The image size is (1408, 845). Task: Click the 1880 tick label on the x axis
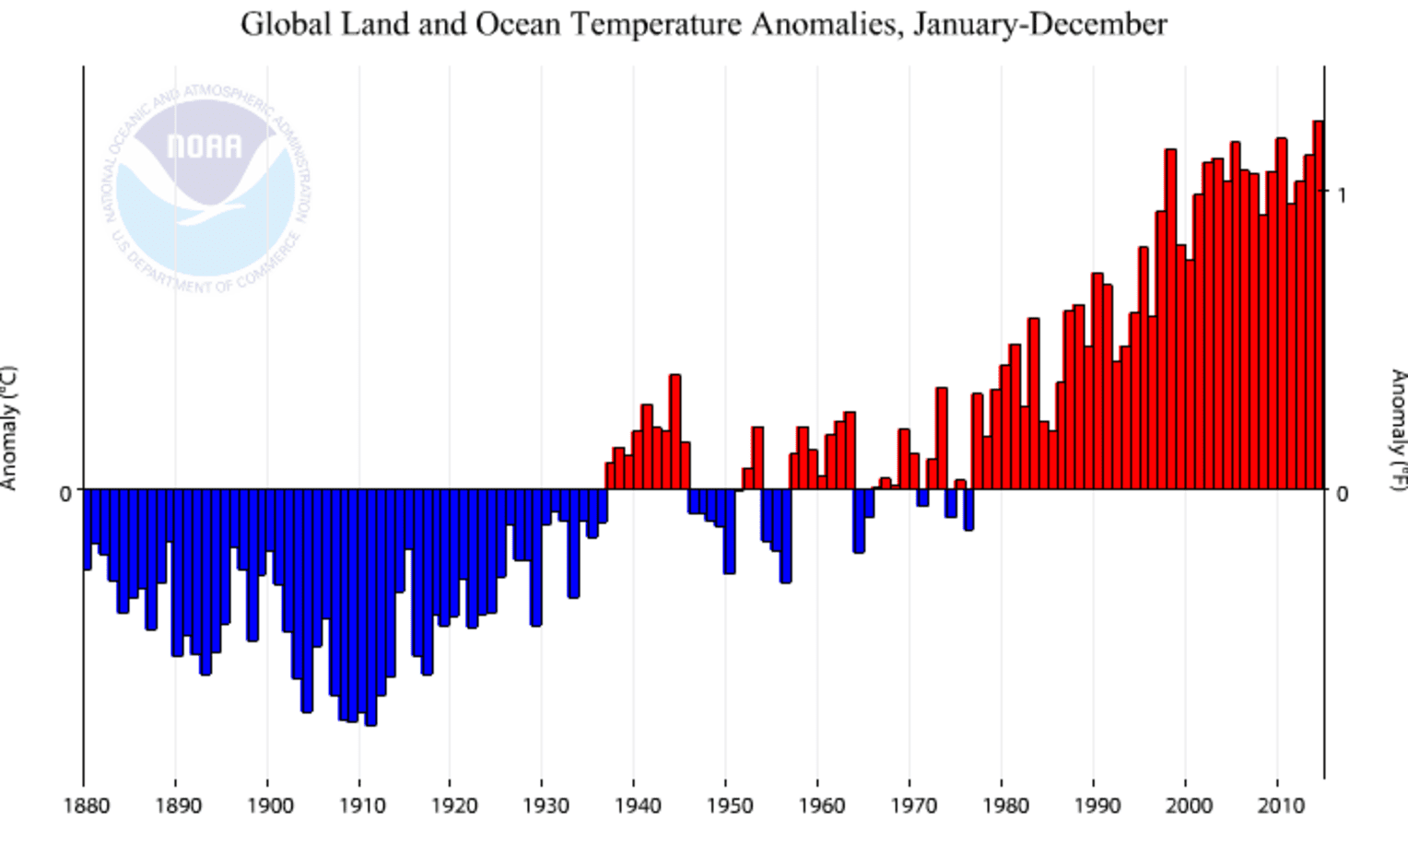click(x=87, y=806)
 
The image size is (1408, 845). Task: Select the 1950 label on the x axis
click(x=729, y=806)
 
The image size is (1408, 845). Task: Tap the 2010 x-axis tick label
click(x=1280, y=806)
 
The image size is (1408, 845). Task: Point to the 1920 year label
click(x=453, y=806)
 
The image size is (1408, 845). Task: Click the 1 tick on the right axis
click(x=1341, y=194)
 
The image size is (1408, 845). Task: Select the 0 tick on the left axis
click(x=65, y=493)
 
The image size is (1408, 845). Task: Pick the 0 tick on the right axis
click(x=1342, y=493)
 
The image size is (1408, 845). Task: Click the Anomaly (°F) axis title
click(x=1398, y=429)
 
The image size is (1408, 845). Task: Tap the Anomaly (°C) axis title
click(x=9, y=428)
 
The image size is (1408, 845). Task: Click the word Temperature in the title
click(x=654, y=24)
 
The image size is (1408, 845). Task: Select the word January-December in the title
click(x=1039, y=24)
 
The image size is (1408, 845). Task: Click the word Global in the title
click(x=286, y=24)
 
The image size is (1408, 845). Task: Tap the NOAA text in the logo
click(x=205, y=147)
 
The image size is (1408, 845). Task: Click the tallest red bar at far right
click(x=1318, y=304)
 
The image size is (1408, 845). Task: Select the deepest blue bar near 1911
click(x=370, y=608)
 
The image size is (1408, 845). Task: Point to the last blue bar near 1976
click(x=968, y=510)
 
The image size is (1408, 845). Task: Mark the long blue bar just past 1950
click(x=729, y=531)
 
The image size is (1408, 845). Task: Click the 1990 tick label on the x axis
click(x=1097, y=806)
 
